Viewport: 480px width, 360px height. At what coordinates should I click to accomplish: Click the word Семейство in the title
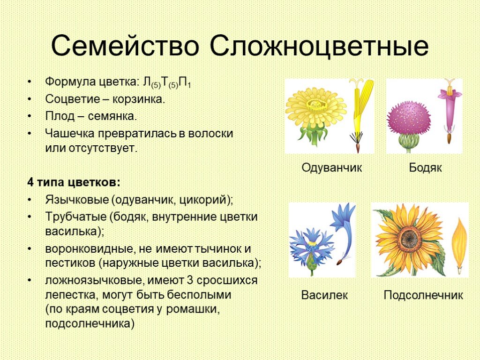click(125, 45)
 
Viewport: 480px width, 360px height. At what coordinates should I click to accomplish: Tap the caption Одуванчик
click(331, 167)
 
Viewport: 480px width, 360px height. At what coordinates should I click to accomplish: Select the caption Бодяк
click(425, 167)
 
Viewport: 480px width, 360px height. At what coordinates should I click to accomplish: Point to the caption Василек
click(324, 295)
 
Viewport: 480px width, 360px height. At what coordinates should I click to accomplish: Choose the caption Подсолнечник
click(423, 295)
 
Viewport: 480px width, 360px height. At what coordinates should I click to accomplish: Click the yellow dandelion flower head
click(315, 107)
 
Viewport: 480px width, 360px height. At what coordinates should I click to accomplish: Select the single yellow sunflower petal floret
click(460, 245)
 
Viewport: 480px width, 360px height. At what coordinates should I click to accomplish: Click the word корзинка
click(139, 99)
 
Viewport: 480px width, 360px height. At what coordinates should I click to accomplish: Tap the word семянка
click(112, 116)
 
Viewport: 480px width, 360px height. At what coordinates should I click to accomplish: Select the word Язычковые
click(77, 200)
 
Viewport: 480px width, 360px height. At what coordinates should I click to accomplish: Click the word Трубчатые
click(75, 217)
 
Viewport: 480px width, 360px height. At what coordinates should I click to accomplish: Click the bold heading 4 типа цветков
click(74, 182)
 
